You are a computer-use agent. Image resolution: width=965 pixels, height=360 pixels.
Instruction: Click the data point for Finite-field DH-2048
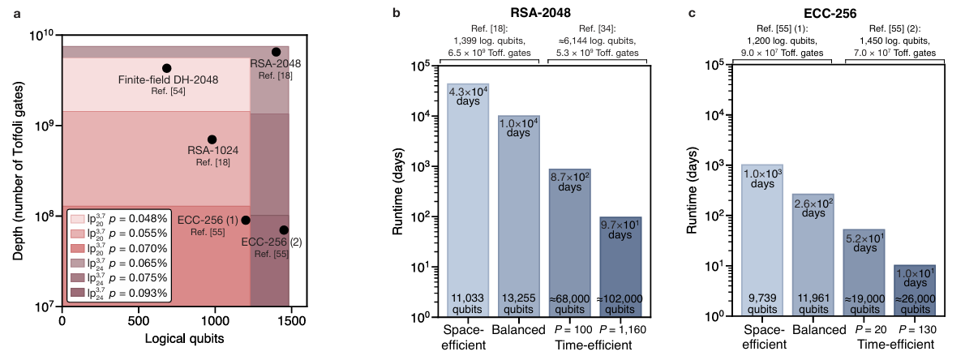(166, 68)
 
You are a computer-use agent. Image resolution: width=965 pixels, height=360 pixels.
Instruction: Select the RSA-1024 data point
(212, 139)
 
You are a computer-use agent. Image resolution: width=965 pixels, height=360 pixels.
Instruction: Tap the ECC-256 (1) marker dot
(246, 220)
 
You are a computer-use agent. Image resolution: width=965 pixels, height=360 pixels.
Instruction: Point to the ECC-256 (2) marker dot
(284, 230)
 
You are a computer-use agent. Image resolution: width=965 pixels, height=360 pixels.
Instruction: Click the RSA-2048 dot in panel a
(276, 52)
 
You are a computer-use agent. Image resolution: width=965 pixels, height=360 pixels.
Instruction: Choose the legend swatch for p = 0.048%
(77, 219)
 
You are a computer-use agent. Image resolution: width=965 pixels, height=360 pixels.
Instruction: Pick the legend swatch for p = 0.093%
(77, 293)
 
